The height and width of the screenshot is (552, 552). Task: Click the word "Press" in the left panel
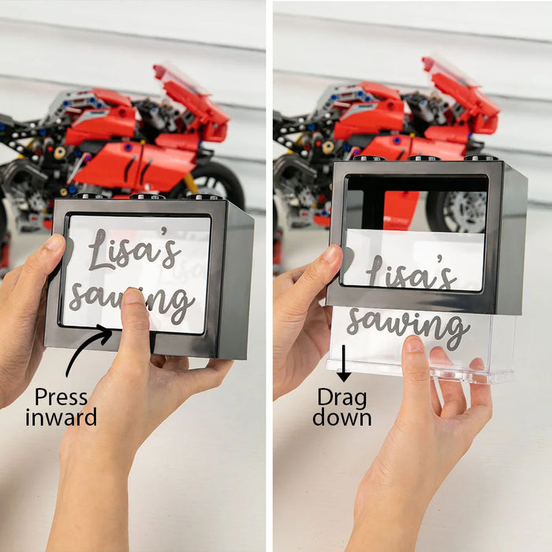62,397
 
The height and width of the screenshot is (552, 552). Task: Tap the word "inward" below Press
62,417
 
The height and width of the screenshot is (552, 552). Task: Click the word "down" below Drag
341,417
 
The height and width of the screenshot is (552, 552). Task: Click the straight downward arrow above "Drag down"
344,364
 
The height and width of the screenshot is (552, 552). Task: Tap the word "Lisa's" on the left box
135,248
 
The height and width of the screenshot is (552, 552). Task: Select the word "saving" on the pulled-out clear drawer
408,325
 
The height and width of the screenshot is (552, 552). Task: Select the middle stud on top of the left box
147,196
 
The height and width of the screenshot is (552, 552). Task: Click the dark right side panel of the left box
235,282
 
